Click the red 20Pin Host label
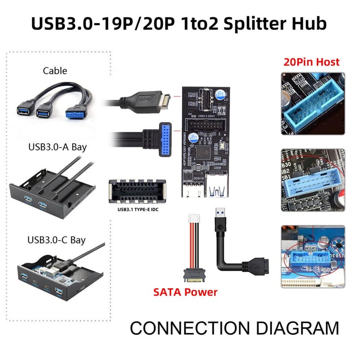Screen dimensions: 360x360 click(311, 62)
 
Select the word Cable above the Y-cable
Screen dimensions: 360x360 click(55, 71)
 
